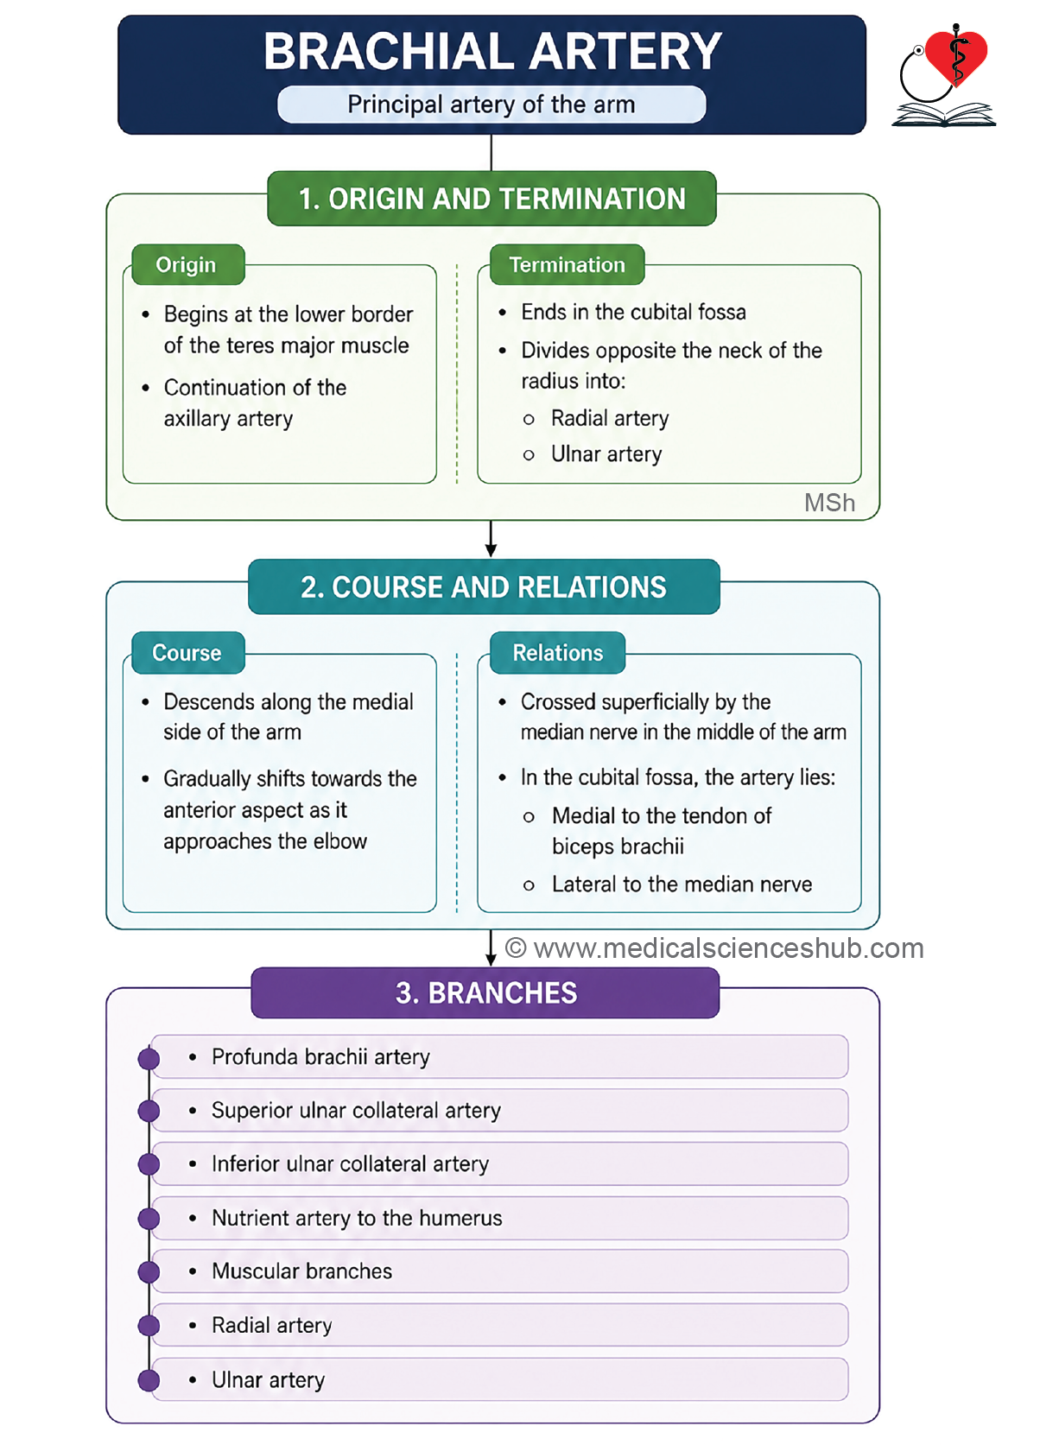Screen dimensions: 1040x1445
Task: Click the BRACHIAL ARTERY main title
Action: tap(491, 51)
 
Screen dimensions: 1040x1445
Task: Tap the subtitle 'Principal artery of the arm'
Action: tap(491, 105)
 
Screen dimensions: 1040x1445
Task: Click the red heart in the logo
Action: tap(956, 56)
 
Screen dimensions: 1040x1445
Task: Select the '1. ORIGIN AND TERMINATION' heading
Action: tap(491, 199)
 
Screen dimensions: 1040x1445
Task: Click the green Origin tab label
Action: tap(186, 265)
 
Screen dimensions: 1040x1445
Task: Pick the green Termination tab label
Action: tap(568, 264)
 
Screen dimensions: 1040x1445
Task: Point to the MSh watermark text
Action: tap(830, 503)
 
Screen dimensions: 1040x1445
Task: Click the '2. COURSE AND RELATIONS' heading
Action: tap(483, 587)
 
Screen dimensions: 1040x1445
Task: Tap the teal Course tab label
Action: tap(187, 653)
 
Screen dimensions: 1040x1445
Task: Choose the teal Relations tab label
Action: tap(558, 653)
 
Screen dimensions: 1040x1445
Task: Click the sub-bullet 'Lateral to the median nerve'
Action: tap(682, 884)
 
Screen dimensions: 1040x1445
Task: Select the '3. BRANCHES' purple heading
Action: tap(486, 992)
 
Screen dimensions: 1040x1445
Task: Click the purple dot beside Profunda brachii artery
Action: tap(149, 1058)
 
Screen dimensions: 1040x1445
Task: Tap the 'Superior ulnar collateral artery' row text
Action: tap(356, 1110)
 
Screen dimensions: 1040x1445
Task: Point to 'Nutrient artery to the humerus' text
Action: tap(357, 1218)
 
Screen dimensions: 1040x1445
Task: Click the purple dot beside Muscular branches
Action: tap(149, 1272)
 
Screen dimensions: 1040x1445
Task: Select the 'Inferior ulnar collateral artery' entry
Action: tap(351, 1163)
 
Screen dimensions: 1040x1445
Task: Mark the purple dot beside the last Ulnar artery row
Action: tap(149, 1380)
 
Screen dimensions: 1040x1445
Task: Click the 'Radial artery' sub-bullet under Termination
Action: tap(610, 418)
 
